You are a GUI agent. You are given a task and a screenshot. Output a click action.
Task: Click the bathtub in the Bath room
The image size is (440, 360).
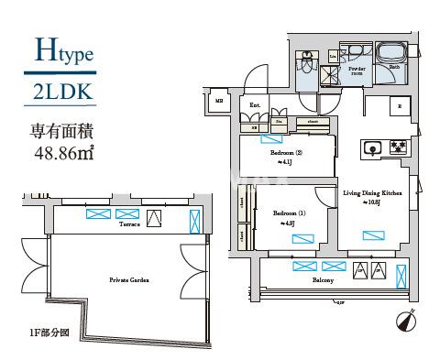click(x=392, y=53)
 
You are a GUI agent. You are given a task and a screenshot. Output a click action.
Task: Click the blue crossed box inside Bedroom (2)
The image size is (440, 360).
click(x=272, y=139)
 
